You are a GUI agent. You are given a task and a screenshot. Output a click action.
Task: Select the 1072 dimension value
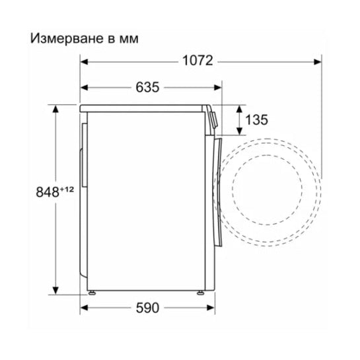pos(198,61)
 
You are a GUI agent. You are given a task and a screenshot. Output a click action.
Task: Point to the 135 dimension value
pos(256,120)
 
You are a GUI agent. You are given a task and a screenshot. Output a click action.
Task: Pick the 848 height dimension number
pos(48,192)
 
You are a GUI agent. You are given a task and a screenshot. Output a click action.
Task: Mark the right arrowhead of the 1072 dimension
pos(319,61)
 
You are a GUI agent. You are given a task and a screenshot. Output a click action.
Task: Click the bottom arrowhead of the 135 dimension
pos(238,131)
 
